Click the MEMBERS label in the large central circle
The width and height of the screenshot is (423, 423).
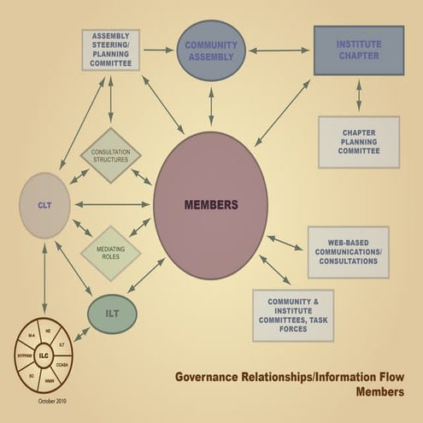(x=210, y=205)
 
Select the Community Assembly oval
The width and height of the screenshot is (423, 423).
(x=211, y=50)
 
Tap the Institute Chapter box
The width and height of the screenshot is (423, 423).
(x=358, y=50)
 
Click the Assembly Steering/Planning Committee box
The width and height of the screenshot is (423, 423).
(x=110, y=50)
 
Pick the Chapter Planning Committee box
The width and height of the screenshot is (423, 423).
(x=358, y=141)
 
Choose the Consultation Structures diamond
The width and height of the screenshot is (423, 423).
(x=110, y=156)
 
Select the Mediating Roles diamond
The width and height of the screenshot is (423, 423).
(x=110, y=253)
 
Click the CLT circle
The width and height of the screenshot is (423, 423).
(x=44, y=205)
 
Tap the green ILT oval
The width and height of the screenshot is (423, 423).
(x=112, y=314)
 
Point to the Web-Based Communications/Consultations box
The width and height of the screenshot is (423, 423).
(x=347, y=251)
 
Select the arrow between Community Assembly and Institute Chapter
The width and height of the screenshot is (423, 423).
(x=279, y=50)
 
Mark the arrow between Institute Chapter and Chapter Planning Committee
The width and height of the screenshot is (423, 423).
(x=358, y=96)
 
